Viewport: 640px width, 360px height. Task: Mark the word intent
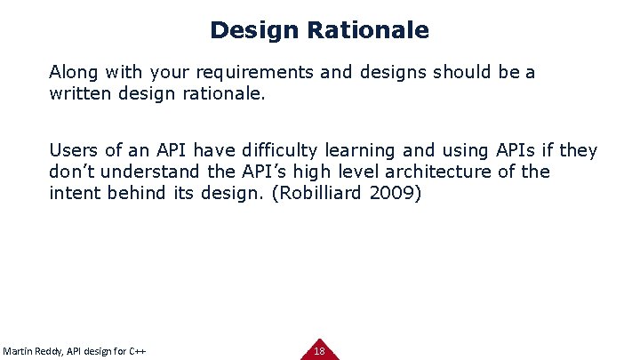click(74, 193)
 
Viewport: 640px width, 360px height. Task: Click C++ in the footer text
click(137, 350)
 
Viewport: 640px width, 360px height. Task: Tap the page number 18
click(319, 351)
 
